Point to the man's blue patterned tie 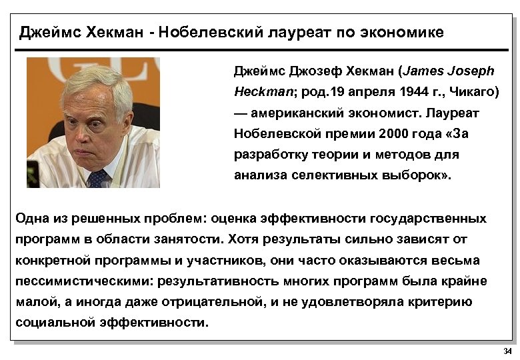(x=98, y=177)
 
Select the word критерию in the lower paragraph (x=436, y=302)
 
